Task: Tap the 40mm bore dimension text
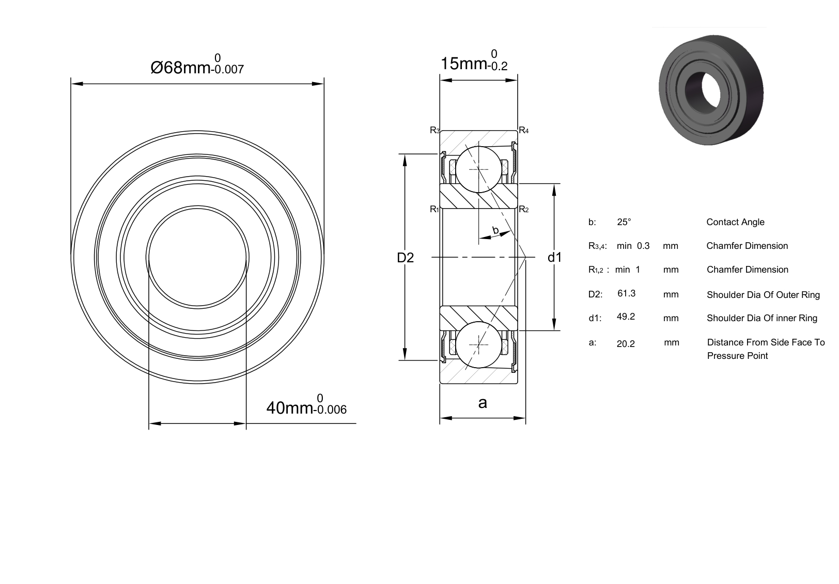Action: tap(306, 405)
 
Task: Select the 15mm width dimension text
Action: tap(474, 60)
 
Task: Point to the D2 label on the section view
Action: tap(405, 258)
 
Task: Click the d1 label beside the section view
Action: tap(555, 257)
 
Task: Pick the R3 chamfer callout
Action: tap(434, 130)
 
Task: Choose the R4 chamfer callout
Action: tap(524, 130)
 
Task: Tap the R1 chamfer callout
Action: tap(434, 209)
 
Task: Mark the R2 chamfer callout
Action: tap(524, 209)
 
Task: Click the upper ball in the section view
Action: tap(479, 169)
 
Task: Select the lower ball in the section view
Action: tap(479, 345)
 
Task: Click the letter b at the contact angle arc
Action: tap(495, 230)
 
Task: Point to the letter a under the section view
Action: tap(483, 403)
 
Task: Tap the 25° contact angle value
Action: tap(624, 222)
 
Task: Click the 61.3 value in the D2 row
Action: tap(627, 293)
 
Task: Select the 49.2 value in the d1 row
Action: tap(626, 317)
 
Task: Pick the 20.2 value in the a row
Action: tap(626, 344)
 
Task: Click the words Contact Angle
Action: tap(735, 222)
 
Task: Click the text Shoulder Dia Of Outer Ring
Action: tap(764, 295)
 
